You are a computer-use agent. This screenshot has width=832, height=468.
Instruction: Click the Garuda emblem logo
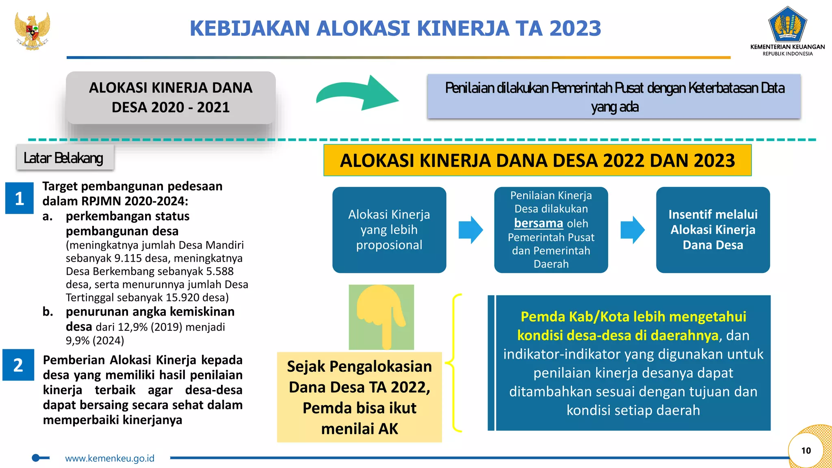coord(32,31)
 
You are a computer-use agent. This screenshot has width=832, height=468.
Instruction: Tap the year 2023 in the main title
coord(575,28)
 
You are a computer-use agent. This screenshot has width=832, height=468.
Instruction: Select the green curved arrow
coord(357,93)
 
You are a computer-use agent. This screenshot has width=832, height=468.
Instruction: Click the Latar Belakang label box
coord(65,158)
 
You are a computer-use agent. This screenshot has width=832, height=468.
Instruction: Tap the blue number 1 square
coord(19,198)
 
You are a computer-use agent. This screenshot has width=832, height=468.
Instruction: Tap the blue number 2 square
coord(18,365)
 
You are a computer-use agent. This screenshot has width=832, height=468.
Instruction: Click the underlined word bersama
coord(538,223)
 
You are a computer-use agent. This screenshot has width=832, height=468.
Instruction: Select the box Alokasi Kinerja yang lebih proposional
coord(389,230)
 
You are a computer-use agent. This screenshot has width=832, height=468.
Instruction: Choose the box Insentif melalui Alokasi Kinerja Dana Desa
coord(713,230)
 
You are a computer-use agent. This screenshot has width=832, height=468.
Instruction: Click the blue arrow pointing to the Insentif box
coord(632,230)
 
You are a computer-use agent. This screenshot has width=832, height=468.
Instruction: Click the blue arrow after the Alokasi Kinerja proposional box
coord(470,230)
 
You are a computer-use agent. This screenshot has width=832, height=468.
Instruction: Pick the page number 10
coord(806,450)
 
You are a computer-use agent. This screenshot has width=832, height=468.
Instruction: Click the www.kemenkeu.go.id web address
coord(110,458)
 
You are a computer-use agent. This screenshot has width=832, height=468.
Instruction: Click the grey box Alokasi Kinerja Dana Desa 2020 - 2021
coord(171,97)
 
